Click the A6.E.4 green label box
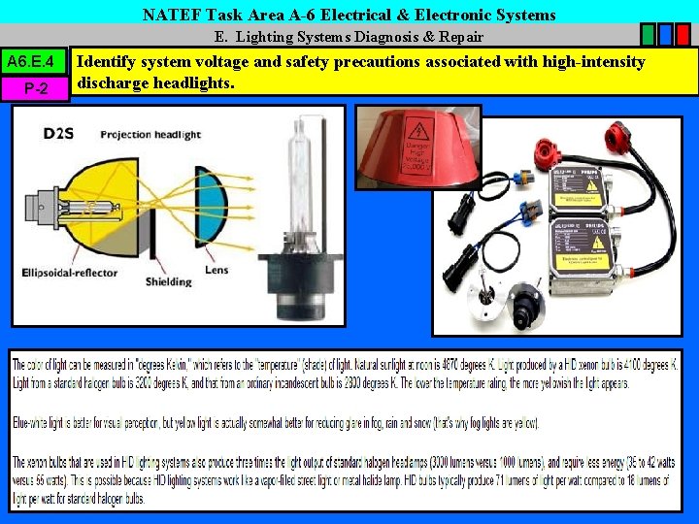pyautogui.click(x=35, y=63)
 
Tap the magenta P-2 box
pyautogui.click(x=35, y=88)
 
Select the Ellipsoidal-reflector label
pyautogui.click(x=70, y=273)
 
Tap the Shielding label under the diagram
pyautogui.click(x=169, y=282)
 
